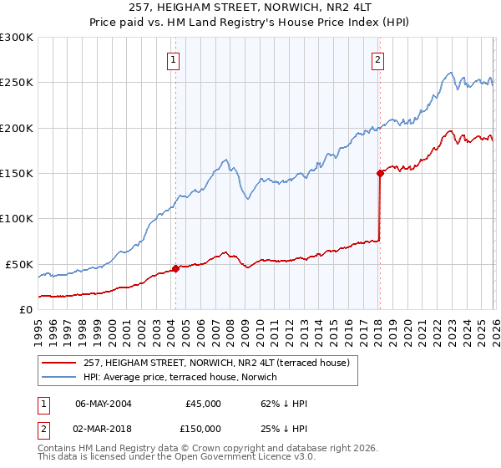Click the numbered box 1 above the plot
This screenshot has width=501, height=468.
tap(172, 59)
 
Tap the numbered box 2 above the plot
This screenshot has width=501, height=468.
tap(377, 59)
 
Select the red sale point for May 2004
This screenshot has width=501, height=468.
tap(175, 268)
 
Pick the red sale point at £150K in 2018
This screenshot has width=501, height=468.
tap(380, 174)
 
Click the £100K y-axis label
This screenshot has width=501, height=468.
tap(17, 219)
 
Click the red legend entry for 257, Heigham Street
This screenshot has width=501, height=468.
tap(220, 362)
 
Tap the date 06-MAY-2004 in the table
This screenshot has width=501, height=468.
tap(103, 404)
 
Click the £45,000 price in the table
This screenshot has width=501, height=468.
tap(202, 404)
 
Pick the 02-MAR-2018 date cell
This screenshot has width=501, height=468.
tap(103, 428)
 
